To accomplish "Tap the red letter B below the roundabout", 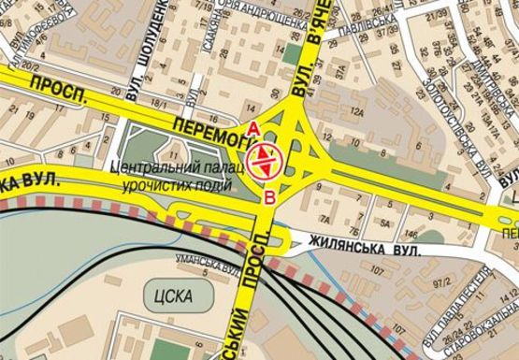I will point(269,196).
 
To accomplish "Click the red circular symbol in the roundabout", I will point(267,161).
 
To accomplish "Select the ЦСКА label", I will point(168,296).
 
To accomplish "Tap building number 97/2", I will point(428,281).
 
